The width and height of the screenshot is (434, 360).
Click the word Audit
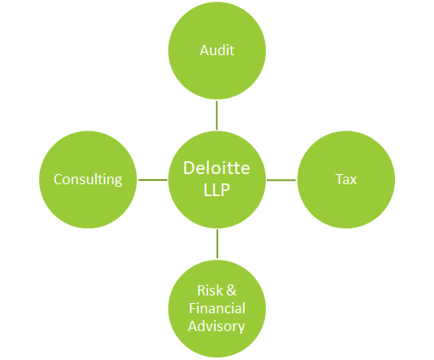click(x=217, y=50)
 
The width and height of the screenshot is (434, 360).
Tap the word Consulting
click(x=87, y=180)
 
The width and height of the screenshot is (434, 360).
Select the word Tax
click(x=346, y=179)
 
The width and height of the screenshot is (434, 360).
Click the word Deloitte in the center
click(x=217, y=168)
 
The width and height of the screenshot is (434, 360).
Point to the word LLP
click(x=217, y=189)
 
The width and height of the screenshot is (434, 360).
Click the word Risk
click(x=210, y=290)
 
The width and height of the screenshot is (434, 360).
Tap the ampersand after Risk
click(x=231, y=290)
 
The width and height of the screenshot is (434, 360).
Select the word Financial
click(x=217, y=308)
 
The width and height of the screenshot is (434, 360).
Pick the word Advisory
click(x=217, y=326)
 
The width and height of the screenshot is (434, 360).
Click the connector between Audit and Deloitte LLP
click(x=217, y=115)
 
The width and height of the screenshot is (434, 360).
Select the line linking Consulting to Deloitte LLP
click(x=153, y=180)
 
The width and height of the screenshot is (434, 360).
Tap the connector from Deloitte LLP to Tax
click(x=281, y=180)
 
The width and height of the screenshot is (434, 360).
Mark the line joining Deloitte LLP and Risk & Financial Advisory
click(x=217, y=244)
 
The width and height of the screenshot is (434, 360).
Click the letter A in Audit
click(x=205, y=50)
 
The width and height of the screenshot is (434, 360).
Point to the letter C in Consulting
click(x=59, y=179)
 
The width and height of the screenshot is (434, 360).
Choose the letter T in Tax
click(x=340, y=179)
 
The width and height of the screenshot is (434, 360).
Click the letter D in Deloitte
click(x=189, y=168)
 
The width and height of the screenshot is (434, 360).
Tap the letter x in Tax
click(x=353, y=181)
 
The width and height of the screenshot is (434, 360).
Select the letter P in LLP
click(x=225, y=189)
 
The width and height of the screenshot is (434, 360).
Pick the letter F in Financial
click(x=193, y=308)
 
